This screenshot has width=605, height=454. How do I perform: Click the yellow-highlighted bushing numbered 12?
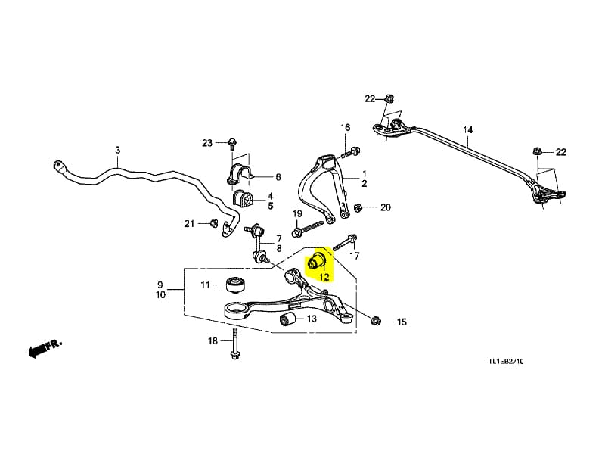coord(317,261)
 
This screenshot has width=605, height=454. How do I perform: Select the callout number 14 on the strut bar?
coord(467,129)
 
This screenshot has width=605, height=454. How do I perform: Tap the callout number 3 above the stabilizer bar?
coord(118,150)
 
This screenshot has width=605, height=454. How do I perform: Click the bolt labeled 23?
coord(232,144)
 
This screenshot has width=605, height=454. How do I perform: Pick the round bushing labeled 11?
coord(234,285)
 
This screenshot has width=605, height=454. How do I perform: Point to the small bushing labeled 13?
coord(287,319)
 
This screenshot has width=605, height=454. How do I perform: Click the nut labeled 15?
coord(375,321)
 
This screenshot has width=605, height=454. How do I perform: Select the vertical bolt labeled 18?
coord(234,344)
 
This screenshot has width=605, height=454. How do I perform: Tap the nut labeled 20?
coord(358,207)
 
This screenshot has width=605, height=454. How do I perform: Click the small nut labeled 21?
coord(213,222)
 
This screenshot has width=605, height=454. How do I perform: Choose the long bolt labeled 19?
coord(308,229)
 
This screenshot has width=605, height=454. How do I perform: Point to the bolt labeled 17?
coord(345,242)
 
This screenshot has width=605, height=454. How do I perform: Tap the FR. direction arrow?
coord(45,348)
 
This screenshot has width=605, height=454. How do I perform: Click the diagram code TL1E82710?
coord(506,362)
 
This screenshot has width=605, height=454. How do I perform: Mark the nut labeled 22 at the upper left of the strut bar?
coord(389,98)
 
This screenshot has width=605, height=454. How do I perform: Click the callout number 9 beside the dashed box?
coord(160,285)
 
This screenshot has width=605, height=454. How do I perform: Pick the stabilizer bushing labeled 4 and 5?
coord(242,197)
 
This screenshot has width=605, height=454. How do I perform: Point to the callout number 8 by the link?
coord(278,248)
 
